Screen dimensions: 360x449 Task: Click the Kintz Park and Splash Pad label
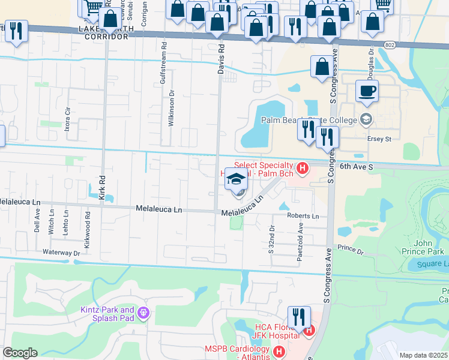(108, 314)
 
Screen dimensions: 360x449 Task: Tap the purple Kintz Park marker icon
(143, 313)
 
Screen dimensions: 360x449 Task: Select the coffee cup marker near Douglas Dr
(367, 91)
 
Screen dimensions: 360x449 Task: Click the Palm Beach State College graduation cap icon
(366, 119)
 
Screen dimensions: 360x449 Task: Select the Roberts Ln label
(303, 216)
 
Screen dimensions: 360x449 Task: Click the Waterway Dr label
(61, 253)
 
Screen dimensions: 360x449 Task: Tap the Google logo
(20, 353)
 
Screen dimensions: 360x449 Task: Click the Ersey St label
(379, 139)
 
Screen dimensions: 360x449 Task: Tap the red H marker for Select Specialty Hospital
(303, 167)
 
